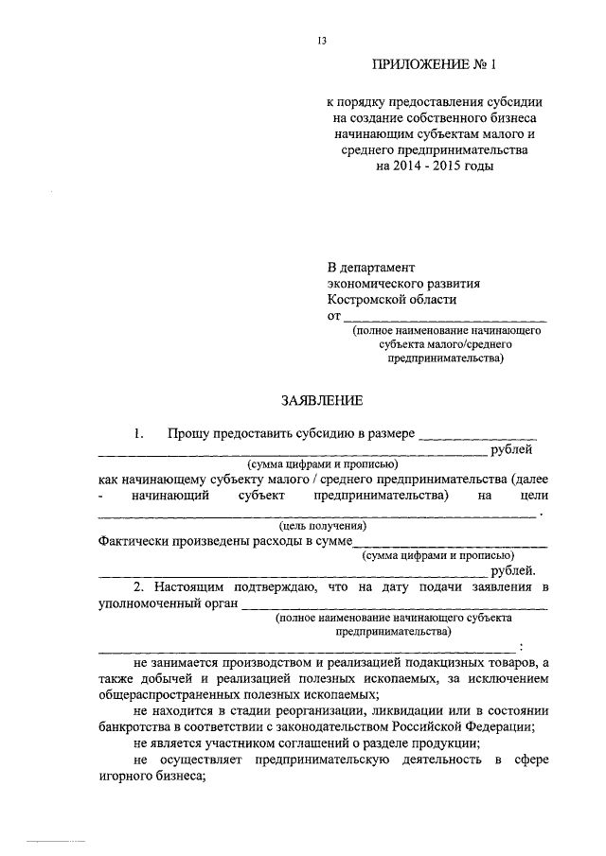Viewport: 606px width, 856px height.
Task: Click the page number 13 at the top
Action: (322, 40)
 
